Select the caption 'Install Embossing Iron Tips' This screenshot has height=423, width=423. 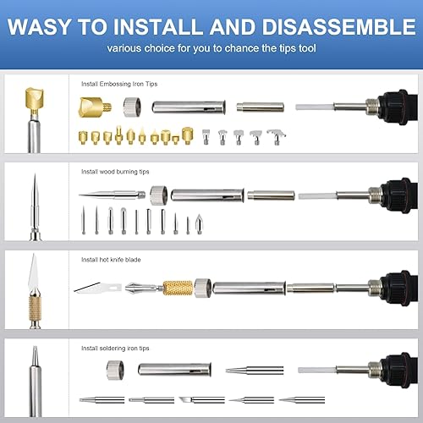point(119,85)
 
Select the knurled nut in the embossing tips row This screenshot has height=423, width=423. point(131,107)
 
